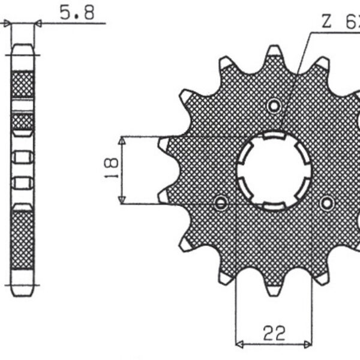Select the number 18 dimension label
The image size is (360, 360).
coord(109,170)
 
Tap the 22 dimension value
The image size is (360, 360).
coord(274,332)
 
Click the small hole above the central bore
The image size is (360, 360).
coord(275,106)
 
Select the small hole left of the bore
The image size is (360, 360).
coord(221,203)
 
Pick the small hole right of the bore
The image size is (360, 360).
coord(327,203)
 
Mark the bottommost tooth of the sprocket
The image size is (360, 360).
coord(274,291)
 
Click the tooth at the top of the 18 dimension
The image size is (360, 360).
coord(164,144)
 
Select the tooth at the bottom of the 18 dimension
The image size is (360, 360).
coord(164,196)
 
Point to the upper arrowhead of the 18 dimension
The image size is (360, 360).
coord(122,140)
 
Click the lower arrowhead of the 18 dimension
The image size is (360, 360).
coord(122,200)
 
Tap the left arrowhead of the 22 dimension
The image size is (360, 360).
coord(239,345)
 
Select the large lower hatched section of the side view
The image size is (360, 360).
coord(23,240)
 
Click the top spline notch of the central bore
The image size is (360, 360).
coord(274,139)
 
